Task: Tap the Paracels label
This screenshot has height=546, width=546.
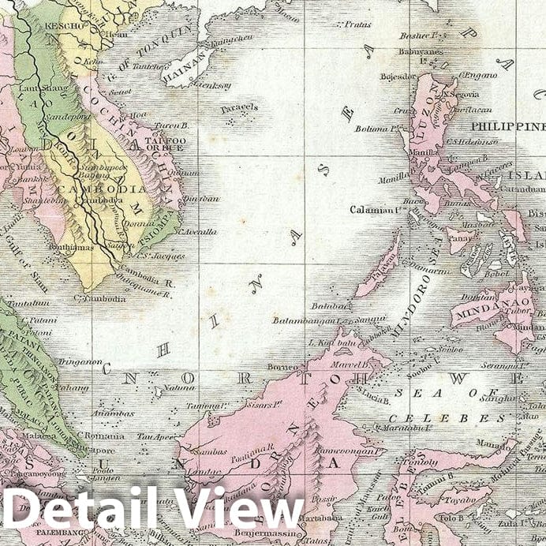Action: pyautogui.click(x=239, y=107)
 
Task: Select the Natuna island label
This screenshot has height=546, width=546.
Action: pyautogui.click(x=183, y=387)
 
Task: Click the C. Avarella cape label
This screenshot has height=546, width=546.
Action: pyautogui.click(x=199, y=231)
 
